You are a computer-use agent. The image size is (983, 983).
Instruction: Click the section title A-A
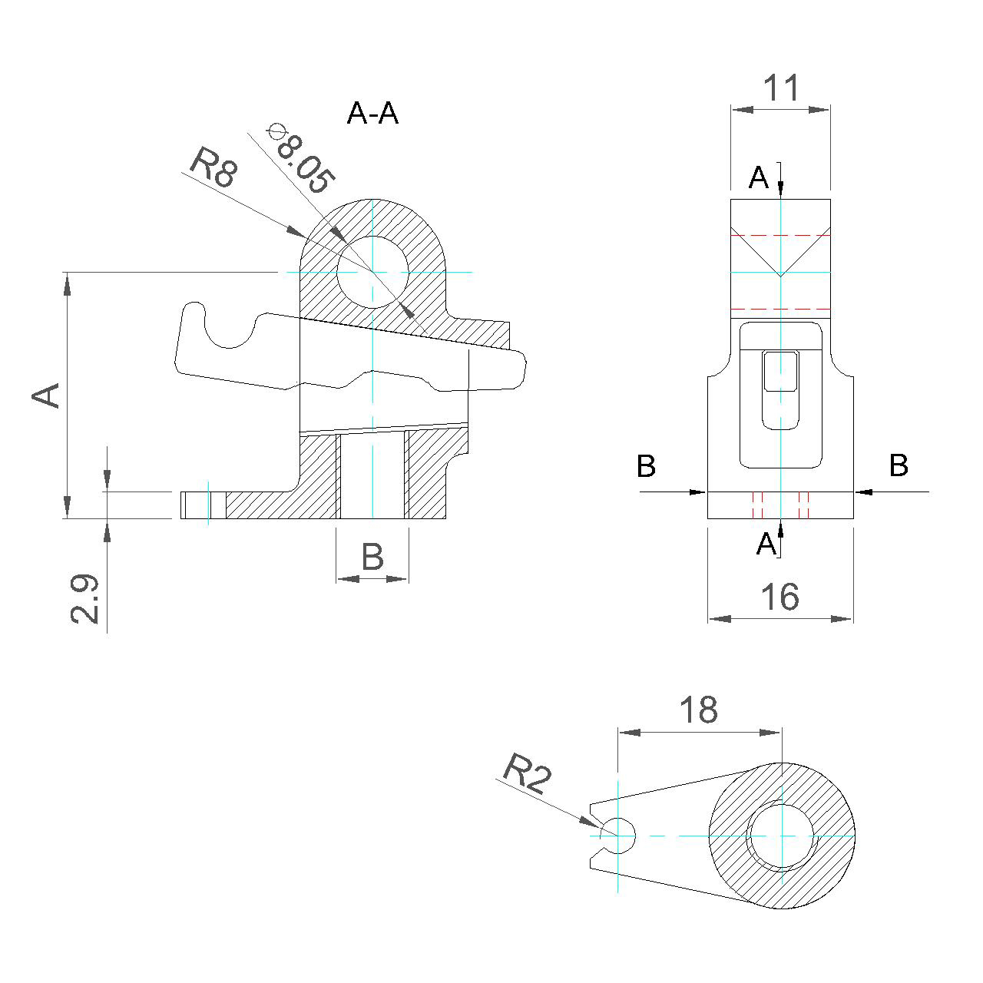[x=372, y=114]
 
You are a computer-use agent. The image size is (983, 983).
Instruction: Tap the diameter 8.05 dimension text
[x=302, y=159]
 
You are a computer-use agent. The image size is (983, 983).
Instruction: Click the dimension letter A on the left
[x=46, y=395]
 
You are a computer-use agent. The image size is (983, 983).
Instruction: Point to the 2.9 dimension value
[x=84, y=598]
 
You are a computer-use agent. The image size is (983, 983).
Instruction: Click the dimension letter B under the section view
[x=372, y=556]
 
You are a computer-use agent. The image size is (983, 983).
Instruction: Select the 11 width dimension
[x=781, y=88]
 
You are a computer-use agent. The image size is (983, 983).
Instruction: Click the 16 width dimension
[x=779, y=597]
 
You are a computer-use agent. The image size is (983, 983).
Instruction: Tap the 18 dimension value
[x=699, y=710]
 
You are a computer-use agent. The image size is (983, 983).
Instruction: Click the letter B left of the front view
[x=647, y=465]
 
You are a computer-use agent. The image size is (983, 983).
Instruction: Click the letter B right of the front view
[x=899, y=465]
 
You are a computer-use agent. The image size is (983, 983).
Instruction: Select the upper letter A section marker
[x=759, y=178]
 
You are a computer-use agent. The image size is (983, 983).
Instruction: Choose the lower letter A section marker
[x=766, y=544]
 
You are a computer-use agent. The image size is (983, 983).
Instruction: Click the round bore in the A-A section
[x=372, y=272]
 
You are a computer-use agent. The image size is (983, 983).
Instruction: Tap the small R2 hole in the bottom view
[x=618, y=835]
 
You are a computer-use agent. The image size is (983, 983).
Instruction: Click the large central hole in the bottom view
[x=781, y=835]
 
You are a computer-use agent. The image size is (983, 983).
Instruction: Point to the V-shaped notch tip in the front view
[x=780, y=274]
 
